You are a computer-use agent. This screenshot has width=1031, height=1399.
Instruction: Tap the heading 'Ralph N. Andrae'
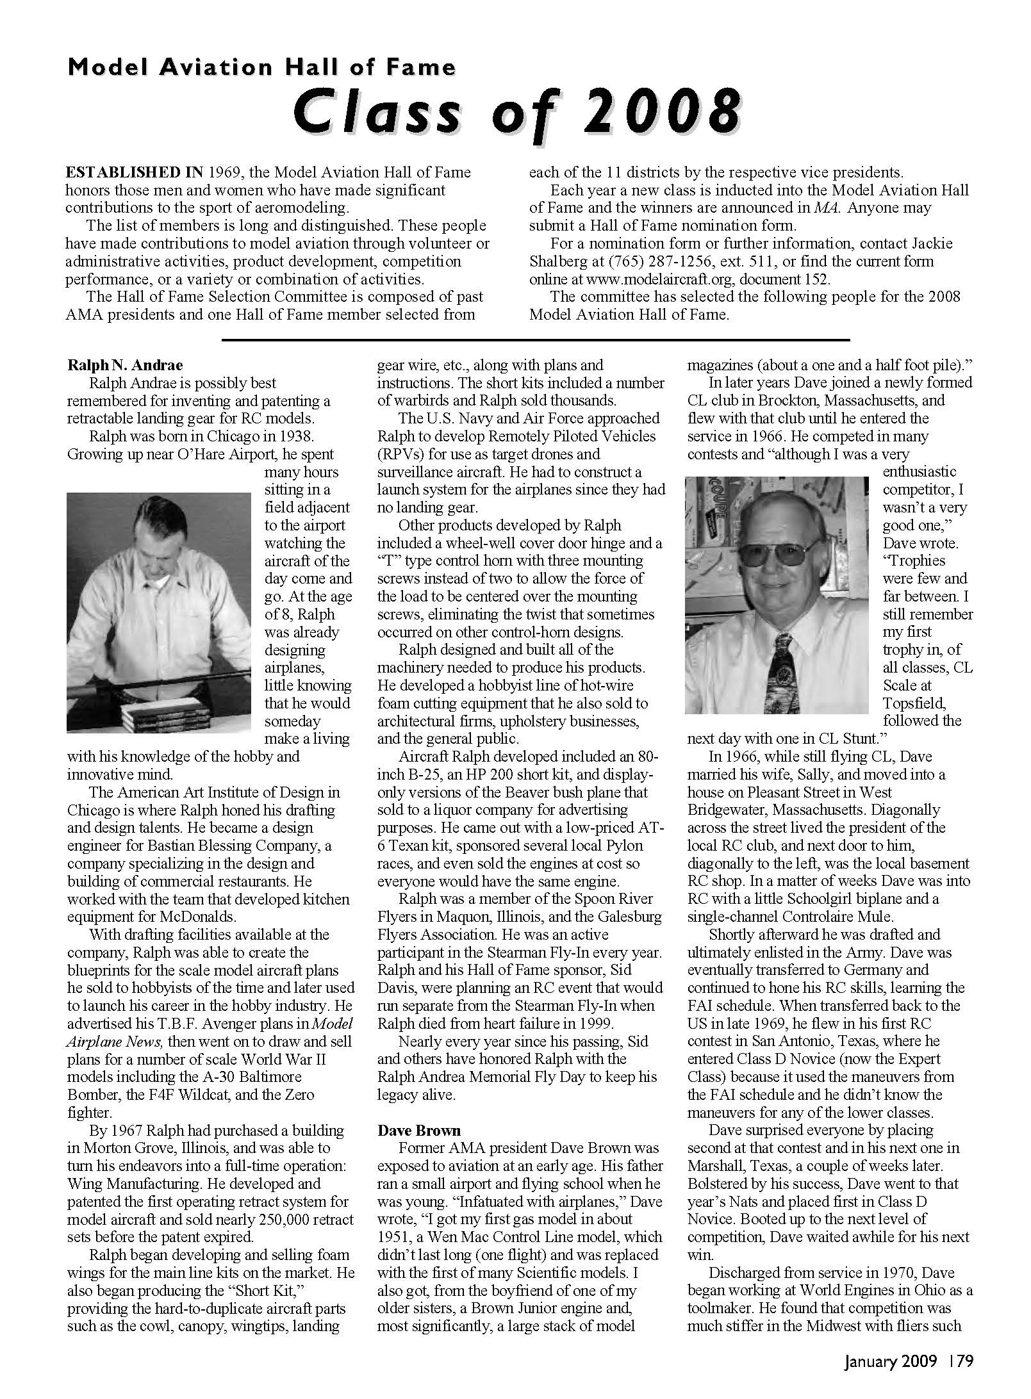pyautogui.click(x=125, y=365)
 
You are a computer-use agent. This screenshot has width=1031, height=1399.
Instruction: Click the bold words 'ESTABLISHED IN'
pyautogui.click(x=135, y=172)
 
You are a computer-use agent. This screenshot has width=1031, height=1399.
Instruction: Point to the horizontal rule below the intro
pyautogui.click(x=535, y=340)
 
